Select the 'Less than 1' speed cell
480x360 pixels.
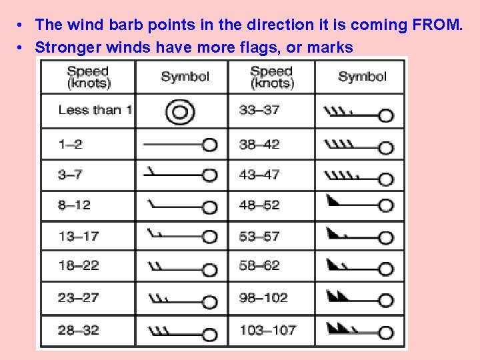(x=94, y=110)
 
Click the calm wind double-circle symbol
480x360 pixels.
(x=180, y=112)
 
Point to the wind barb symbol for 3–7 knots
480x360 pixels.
(x=180, y=174)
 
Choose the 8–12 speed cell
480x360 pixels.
(x=74, y=205)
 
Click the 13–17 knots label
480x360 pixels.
(x=78, y=236)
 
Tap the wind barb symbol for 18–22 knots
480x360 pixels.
(x=180, y=268)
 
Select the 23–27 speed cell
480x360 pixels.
(x=78, y=297)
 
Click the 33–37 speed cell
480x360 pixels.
(x=259, y=110)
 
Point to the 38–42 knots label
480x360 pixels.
(x=259, y=144)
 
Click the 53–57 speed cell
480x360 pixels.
(x=259, y=236)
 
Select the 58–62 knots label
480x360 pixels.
(x=259, y=265)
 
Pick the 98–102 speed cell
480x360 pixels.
(x=263, y=297)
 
